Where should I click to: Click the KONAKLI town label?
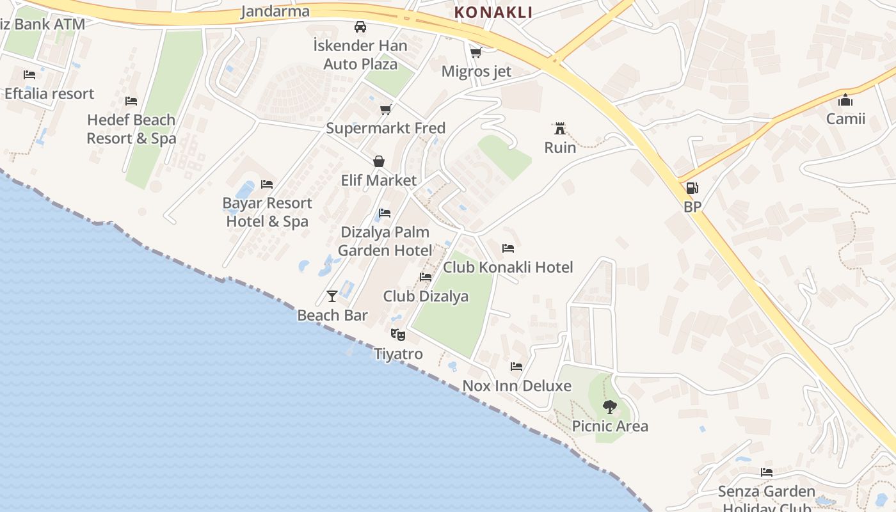pyautogui.click(x=493, y=12)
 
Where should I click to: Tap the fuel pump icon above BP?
pyautogui.click(x=692, y=188)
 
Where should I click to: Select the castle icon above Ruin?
pyautogui.click(x=560, y=128)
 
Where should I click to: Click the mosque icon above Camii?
pyautogui.click(x=845, y=100)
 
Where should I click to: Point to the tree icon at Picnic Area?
pyautogui.click(x=610, y=406)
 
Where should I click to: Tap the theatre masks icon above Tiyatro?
pyautogui.click(x=398, y=334)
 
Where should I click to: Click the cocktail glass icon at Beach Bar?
pyautogui.click(x=332, y=296)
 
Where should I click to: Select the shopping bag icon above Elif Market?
pyautogui.click(x=379, y=161)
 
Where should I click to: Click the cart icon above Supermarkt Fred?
pyautogui.click(x=385, y=109)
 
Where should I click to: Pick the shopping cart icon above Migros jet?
pyautogui.click(x=476, y=52)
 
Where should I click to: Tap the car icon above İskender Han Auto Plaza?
pyautogui.click(x=360, y=27)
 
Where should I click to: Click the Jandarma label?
pyautogui.click(x=275, y=11)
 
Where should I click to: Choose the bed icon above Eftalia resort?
pyautogui.click(x=29, y=75)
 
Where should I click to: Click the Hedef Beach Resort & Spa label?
pyautogui.click(x=131, y=129)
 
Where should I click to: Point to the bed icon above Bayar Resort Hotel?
pyautogui.click(x=267, y=184)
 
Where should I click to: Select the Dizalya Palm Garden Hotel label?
pyautogui.click(x=385, y=241)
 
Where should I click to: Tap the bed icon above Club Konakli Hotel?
pyautogui.click(x=508, y=248)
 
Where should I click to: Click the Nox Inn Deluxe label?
pyautogui.click(x=516, y=386)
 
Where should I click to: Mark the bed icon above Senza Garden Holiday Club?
pyautogui.click(x=767, y=472)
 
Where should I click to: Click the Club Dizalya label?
pyautogui.click(x=426, y=296)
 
